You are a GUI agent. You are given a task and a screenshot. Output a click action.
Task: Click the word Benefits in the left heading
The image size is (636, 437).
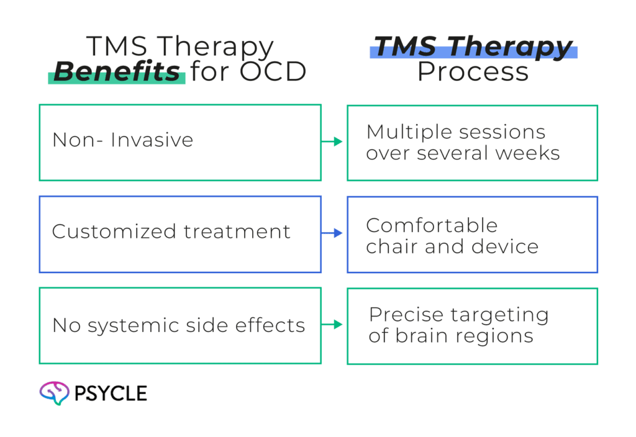pyautogui.click(x=116, y=72)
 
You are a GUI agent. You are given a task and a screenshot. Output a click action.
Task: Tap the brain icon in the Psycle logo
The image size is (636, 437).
pyautogui.click(x=53, y=393)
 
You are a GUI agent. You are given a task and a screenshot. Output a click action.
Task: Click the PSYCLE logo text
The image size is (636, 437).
pyautogui.click(x=111, y=393)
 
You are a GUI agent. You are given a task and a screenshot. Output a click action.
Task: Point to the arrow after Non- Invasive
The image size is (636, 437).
pyautogui.click(x=334, y=142)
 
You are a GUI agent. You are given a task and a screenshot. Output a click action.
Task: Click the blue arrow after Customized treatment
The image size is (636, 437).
pyautogui.click(x=334, y=233)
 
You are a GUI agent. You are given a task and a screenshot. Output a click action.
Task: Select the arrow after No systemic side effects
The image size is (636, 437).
pyautogui.click(x=334, y=325)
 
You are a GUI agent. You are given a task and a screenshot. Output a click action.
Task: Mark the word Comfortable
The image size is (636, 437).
pyautogui.click(x=432, y=225)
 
